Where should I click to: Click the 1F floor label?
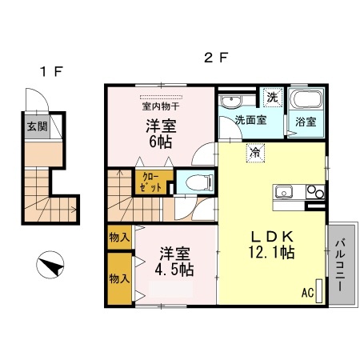coord(51,71)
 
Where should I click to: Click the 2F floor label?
coord(215,58)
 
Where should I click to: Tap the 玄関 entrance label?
coord(37,126)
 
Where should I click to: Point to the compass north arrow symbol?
coord(50,265)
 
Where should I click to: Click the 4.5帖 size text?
coord(174,269)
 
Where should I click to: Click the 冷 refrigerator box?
coord(255,151)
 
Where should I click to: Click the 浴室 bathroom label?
coord(306,122)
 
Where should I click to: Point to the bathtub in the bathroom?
coord(306,100)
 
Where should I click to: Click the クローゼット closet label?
coord(151,182)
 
